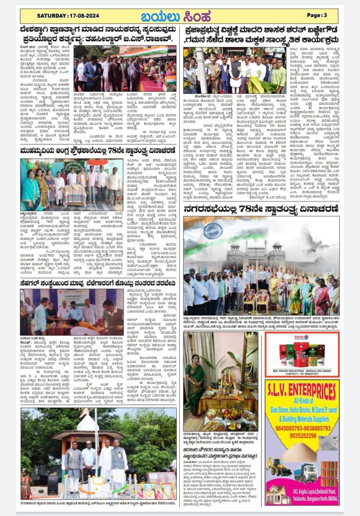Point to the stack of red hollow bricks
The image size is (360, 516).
click(329, 471)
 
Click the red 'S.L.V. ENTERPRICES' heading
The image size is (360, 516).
click(302, 391)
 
